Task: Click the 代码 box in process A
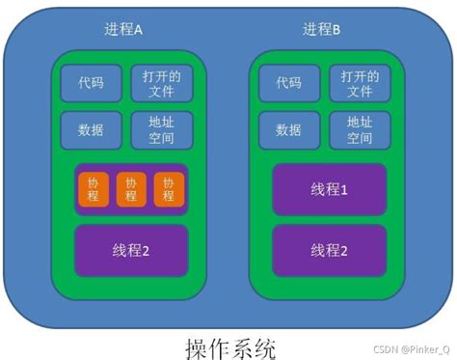coord(91,83)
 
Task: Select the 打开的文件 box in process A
coord(161,83)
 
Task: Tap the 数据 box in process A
coord(91,130)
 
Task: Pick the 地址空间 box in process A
coord(161,130)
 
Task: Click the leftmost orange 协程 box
coord(93,190)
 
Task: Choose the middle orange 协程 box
coord(130,190)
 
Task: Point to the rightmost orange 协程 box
coord(168,190)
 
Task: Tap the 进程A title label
coord(122,29)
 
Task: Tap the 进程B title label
coord(322,29)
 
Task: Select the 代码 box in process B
coord(288,83)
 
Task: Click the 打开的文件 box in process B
coord(359,83)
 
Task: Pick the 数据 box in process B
coord(288,130)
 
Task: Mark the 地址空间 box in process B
coord(359,130)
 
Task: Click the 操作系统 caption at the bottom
coord(229,344)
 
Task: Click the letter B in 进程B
coord(336,29)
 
